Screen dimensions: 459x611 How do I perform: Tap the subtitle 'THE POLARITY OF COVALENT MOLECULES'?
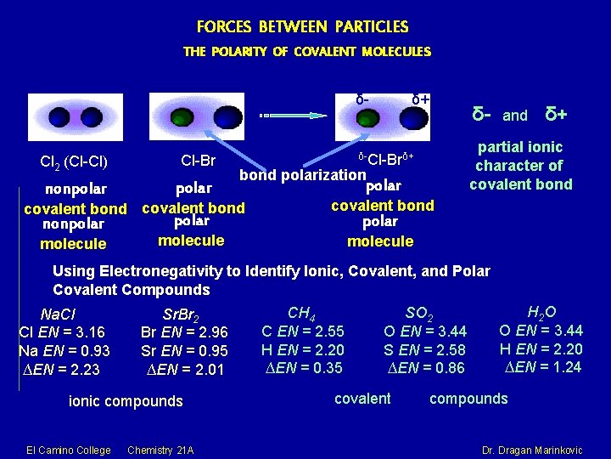[306, 52]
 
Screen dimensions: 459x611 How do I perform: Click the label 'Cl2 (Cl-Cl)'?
[73, 161]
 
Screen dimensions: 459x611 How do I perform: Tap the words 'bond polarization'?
[300, 175]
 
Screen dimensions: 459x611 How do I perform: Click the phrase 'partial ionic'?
[519, 147]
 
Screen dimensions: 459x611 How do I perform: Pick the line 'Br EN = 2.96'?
[184, 332]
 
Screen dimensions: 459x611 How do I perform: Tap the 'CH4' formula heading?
[302, 314]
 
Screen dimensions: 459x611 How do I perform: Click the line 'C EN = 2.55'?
[302, 331]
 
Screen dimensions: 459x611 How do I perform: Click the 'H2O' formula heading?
[541, 312]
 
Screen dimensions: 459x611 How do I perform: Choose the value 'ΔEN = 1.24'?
[541, 366]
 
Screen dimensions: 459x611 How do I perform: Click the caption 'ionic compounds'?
[126, 400]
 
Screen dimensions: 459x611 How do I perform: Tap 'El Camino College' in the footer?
[69, 449]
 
